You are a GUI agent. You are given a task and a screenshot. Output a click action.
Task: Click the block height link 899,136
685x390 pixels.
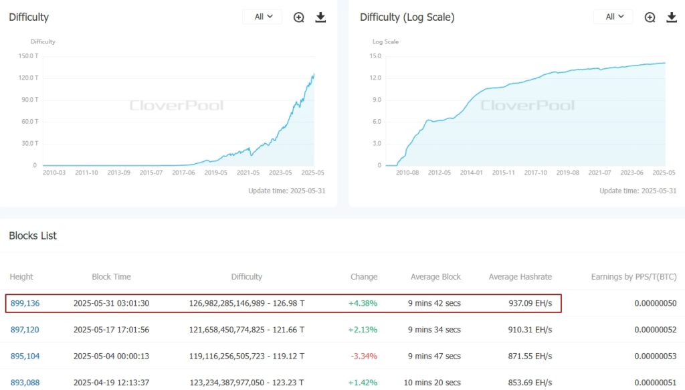(x=25, y=303)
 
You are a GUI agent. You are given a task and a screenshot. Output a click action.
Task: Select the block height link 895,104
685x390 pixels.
(x=25, y=356)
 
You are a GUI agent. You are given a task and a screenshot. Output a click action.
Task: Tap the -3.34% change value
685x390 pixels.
(x=363, y=356)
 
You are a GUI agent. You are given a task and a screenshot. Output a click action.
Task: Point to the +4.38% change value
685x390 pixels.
(x=363, y=303)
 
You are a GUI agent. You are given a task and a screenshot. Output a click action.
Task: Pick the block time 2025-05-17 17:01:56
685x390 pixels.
(x=111, y=329)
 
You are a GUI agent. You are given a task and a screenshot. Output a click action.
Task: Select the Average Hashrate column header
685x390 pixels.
(x=521, y=276)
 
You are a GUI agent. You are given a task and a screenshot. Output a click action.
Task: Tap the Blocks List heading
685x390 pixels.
(x=33, y=235)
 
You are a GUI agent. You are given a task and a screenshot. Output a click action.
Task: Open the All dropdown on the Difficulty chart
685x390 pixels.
(x=262, y=17)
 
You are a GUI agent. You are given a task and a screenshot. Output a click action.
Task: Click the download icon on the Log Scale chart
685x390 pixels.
(x=672, y=17)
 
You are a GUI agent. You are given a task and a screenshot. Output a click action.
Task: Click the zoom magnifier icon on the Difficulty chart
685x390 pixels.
(x=299, y=17)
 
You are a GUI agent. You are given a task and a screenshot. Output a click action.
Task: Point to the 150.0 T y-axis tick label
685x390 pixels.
(x=27, y=56)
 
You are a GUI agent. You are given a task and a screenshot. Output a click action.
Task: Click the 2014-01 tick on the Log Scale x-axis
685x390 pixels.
(x=471, y=173)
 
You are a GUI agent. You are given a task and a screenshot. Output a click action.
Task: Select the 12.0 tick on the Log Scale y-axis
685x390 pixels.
(x=375, y=78)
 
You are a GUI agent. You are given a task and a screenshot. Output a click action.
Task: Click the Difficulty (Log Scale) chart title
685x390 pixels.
(x=407, y=17)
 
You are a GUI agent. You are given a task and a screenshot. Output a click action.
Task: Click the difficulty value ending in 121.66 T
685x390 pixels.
(x=247, y=329)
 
